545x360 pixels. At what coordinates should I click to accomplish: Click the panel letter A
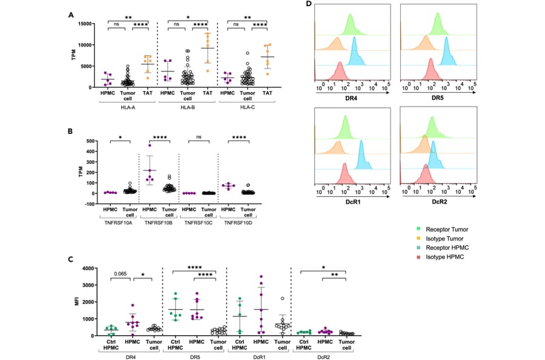[71, 15]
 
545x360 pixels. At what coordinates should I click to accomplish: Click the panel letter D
[309, 5]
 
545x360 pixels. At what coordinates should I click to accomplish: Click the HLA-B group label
[187, 108]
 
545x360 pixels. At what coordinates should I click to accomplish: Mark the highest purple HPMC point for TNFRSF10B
[150, 145]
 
